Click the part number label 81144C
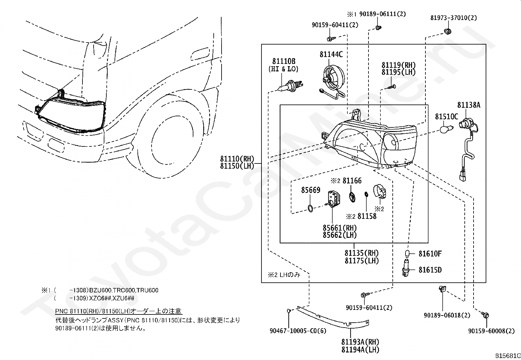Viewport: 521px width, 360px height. [x=331, y=54]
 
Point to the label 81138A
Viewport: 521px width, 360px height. [x=469, y=105]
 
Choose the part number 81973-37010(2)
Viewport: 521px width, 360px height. [x=453, y=18]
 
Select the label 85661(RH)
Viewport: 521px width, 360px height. [x=340, y=228]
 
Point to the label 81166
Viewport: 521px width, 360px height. [x=352, y=180]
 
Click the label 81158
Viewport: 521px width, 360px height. [x=367, y=216]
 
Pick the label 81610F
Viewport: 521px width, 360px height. [x=430, y=254]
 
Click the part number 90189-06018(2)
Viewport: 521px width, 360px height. [x=447, y=315]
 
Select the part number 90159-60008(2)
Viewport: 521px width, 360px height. [x=491, y=331]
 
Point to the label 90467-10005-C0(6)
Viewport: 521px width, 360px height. [x=298, y=331]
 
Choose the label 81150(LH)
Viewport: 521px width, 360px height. [x=237, y=166]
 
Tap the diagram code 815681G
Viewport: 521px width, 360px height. [x=507, y=356]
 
